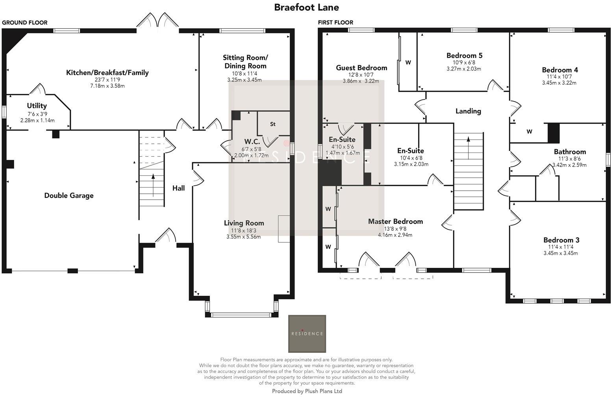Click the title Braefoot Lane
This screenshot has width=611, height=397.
click(x=306, y=7)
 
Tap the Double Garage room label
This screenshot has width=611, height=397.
click(x=69, y=195)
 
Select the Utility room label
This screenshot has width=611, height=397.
click(x=37, y=106)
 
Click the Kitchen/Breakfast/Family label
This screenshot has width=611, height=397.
click(x=107, y=72)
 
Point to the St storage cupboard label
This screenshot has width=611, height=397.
click(x=272, y=124)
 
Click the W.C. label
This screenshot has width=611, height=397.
click(x=252, y=141)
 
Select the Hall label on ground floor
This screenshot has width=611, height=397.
click(x=178, y=188)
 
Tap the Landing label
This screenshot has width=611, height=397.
click(x=468, y=111)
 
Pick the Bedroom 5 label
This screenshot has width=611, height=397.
click(x=464, y=56)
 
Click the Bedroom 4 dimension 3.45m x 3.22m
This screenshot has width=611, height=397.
click(x=559, y=83)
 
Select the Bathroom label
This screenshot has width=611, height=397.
click(x=570, y=152)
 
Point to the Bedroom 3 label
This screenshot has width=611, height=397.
click(x=561, y=240)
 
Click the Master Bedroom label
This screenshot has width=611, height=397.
click(x=395, y=221)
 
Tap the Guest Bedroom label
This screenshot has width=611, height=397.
click(x=361, y=68)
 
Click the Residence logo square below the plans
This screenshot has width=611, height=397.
click(x=307, y=334)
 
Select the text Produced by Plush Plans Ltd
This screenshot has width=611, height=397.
click(x=307, y=391)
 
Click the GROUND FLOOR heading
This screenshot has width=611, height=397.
click(x=25, y=22)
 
